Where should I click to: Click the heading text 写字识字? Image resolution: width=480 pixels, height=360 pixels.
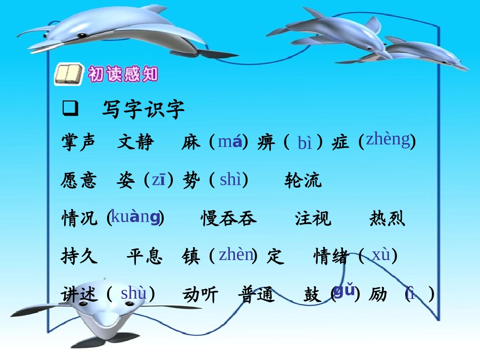(x=143, y=109)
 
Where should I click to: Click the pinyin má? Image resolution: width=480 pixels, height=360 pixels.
(x=229, y=142)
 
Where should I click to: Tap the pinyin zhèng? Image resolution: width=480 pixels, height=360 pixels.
(x=388, y=139)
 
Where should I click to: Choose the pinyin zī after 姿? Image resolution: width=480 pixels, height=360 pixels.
(x=158, y=180)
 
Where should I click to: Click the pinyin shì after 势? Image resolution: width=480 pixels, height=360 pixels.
(x=230, y=179)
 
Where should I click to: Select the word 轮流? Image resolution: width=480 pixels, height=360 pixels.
(x=303, y=180)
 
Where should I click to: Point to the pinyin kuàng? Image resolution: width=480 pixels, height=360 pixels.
(x=135, y=217)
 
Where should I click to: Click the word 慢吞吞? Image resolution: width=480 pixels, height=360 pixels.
(x=229, y=219)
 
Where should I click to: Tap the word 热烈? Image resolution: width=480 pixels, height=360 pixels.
(x=387, y=219)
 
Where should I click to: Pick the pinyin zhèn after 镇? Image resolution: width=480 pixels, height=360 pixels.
(x=235, y=254)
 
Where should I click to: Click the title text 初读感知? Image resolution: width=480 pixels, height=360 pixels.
(x=123, y=74)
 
